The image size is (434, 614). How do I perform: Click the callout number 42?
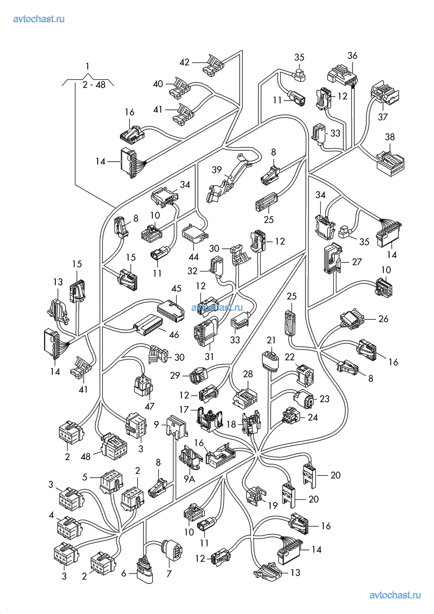(x=184, y=62)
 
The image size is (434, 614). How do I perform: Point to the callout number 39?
(x=217, y=170)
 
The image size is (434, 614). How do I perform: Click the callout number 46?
(x=174, y=334)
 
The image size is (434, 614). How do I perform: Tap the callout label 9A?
(x=189, y=479)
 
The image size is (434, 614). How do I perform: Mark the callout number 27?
(x=357, y=261)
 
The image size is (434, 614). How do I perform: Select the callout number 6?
(x=124, y=573)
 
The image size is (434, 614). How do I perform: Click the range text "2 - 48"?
(x=94, y=85)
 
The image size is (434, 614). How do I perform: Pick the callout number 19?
(x=273, y=505)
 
